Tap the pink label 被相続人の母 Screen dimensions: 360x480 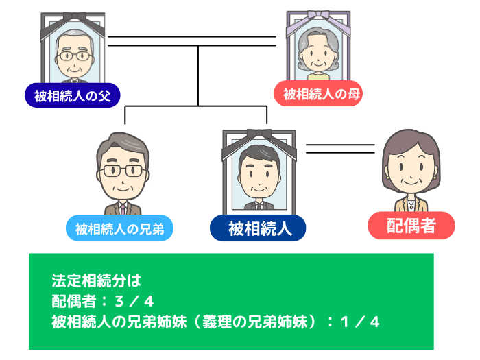click(317, 94)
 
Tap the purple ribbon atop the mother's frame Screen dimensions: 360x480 click(317, 18)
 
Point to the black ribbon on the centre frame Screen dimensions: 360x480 click(257, 134)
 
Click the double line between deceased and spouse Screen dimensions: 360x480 click(340, 148)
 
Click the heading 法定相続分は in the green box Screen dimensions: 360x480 click(95, 280)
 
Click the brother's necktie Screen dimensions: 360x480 click(123, 206)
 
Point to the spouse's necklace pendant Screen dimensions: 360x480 click(411, 204)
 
